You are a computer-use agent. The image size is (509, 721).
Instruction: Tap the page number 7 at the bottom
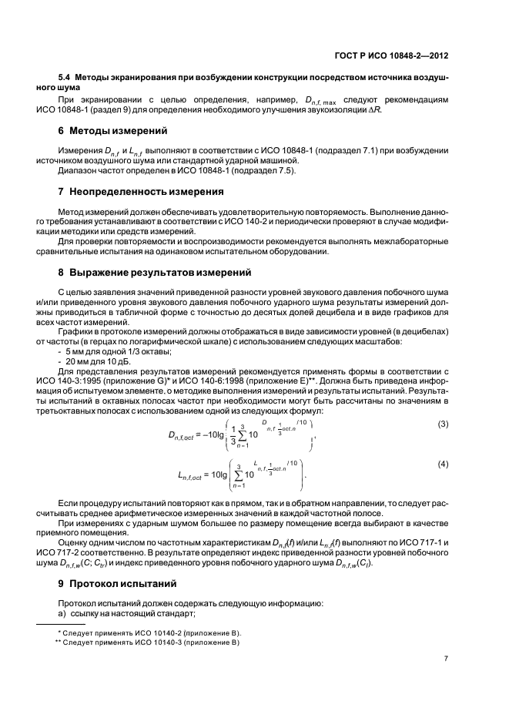[446, 659]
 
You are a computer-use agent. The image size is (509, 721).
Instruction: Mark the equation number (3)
[443, 425]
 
